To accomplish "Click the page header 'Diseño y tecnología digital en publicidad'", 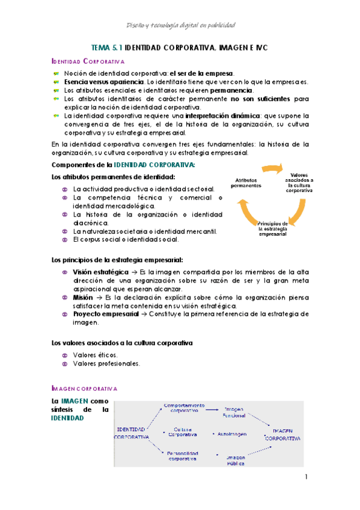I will tap(180, 25).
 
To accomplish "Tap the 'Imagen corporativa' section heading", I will tap(85, 389).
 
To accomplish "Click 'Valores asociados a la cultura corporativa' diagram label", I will tap(298, 182).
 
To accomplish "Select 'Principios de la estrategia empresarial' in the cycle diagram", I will tap(272, 229).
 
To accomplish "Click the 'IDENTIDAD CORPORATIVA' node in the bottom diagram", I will tap(131, 433).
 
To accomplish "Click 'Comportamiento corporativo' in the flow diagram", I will tap(184, 408).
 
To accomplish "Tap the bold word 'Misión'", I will tap(83, 297).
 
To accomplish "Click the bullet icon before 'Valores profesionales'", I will tap(64, 364).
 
